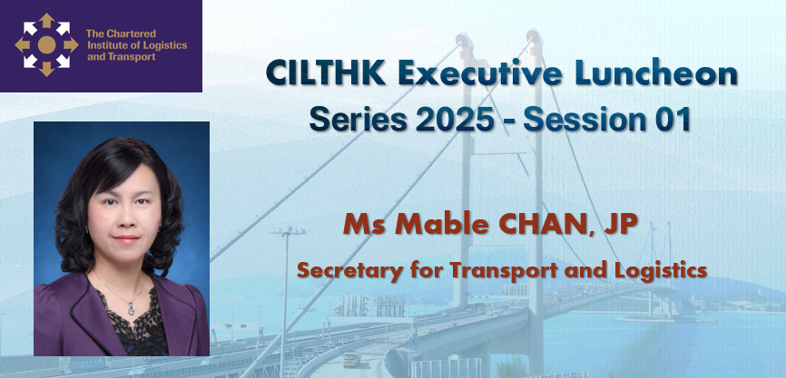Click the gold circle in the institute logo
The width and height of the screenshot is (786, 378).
click(46, 44)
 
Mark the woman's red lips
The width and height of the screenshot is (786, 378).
click(126, 238)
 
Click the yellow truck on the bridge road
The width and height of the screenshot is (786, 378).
click(351, 358)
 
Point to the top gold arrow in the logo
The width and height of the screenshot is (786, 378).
click(46, 20)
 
